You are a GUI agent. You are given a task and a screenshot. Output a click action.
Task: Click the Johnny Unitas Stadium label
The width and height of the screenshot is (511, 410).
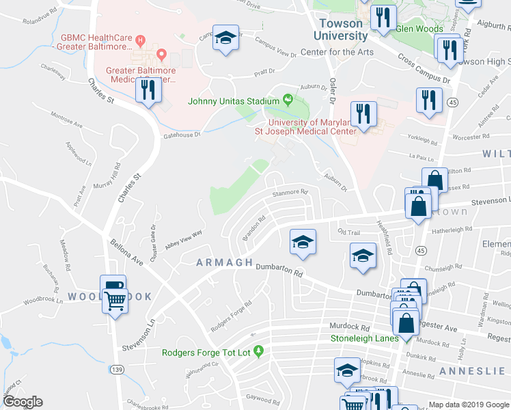tap(234, 101)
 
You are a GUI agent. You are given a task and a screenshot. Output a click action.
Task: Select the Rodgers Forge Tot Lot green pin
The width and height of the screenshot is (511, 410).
tap(258, 352)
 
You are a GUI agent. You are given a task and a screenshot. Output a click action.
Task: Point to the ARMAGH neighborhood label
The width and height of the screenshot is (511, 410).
tap(225, 262)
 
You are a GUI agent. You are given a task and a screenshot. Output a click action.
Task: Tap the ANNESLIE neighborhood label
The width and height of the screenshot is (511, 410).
tap(471, 370)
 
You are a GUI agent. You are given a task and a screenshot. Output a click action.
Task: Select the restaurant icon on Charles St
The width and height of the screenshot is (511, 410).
tap(148, 90)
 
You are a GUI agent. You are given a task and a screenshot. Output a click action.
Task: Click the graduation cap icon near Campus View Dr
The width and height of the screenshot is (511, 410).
tap(224, 38)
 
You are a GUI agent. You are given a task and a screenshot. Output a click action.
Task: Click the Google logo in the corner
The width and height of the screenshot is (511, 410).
tap(23, 401)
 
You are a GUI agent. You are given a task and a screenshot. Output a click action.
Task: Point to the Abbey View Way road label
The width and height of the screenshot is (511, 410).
tap(183, 239)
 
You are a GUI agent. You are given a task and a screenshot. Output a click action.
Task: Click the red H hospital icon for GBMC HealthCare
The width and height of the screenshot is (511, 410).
tap(141, 39)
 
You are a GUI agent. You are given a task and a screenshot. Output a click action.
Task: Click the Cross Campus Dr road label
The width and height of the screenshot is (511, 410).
tap(424, 69)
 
